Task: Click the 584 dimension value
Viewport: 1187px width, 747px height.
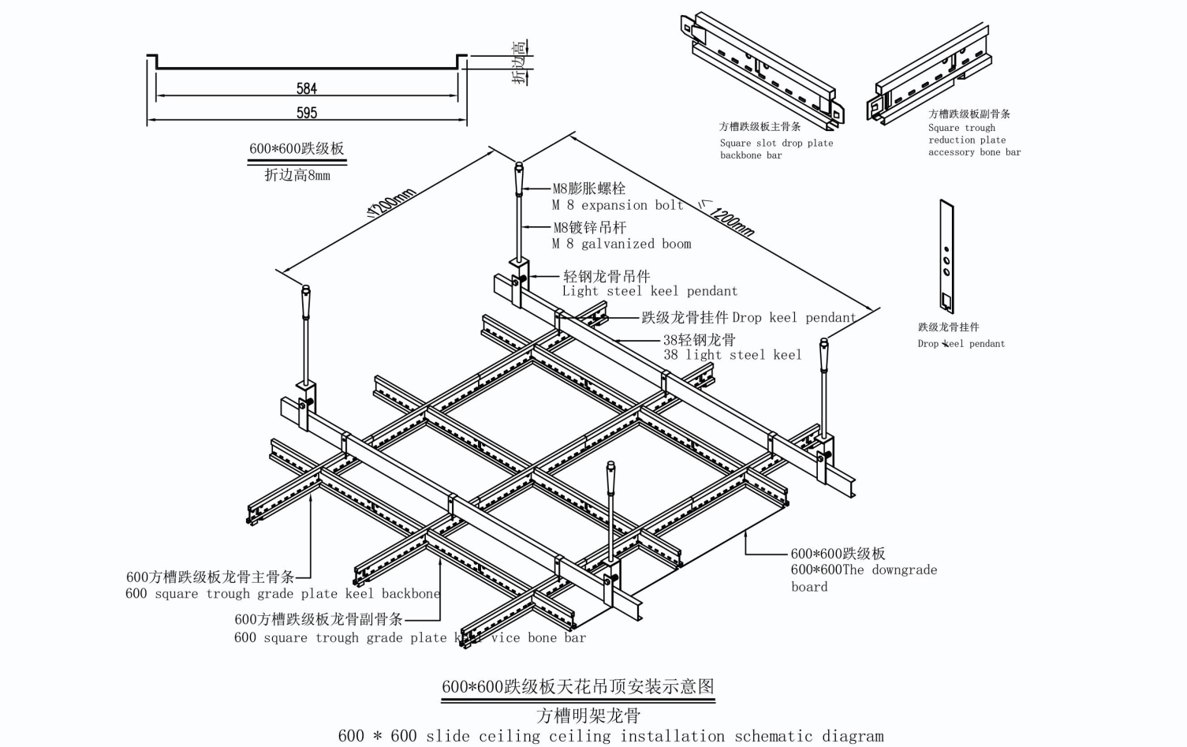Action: click(307, 88)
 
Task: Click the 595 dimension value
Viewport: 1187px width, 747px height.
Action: click(307, 113)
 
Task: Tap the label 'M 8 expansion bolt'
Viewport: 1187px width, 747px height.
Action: click(618, 205)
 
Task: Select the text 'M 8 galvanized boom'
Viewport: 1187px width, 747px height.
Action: click(621, 244)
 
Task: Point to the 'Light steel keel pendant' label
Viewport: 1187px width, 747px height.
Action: click(650, 291)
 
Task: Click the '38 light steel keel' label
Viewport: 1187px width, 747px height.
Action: click(732, 355)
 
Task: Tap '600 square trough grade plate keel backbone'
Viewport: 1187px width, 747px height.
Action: click(282, 593)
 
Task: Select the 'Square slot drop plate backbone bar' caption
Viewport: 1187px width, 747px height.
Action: click(776, 149)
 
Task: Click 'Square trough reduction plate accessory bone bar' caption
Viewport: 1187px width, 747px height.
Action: click(974, 140)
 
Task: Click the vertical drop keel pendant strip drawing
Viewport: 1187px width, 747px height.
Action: click(946, 257)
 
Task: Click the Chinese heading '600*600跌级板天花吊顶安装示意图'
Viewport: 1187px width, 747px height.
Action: click(577, 686)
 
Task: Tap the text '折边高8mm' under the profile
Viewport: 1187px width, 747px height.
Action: click(297, 175)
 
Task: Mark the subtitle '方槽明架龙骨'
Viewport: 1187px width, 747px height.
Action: click(588, 715)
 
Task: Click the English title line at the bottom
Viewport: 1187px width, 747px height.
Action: click(610, 736)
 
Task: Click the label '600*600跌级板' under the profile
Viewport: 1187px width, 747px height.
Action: click(297, 148)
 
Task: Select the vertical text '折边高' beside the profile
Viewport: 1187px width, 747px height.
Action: click(520, 62)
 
